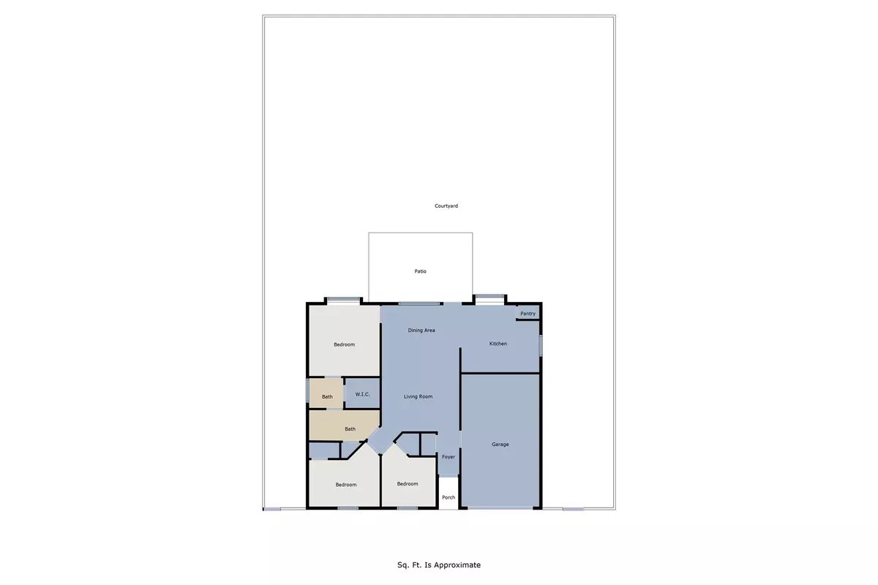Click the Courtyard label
coord(446,206)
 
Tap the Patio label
coord(420,271)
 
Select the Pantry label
coord(528,314)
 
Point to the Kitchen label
coord(498,344)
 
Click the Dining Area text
coord(421,331)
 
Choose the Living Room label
coord(419,396)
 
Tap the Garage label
coord(500,444)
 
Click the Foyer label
coord(449,457)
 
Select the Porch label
coord(449,497)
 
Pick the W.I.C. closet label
coord(362,395)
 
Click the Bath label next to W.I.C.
coord(327,397)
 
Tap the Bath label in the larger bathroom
coord(350,429)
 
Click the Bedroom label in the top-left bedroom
coord(345,344)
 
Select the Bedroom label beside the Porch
coord(408,483)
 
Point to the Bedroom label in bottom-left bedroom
coord(346,485)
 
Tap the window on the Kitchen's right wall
coord(541,344)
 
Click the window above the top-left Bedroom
coord(343,300)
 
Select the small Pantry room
coord(528,312)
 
